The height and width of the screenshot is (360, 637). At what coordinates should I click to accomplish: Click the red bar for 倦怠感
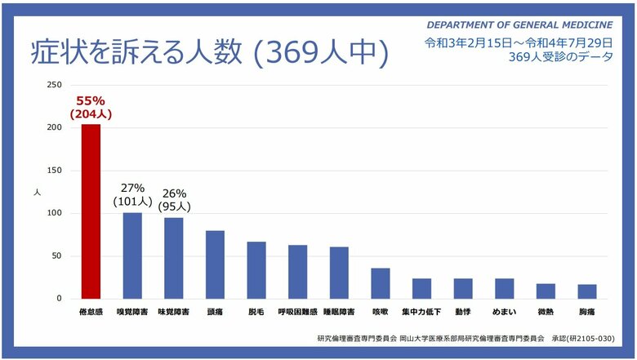[91, 211]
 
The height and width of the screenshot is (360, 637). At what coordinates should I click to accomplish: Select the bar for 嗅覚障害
[132, 256]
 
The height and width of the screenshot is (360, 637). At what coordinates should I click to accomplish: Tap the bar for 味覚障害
[174, 258]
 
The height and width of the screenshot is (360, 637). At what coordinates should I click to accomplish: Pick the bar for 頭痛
[215, 264]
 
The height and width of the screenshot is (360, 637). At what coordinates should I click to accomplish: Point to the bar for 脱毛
[256, 270]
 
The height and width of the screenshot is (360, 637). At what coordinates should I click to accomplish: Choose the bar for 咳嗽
[381, 283]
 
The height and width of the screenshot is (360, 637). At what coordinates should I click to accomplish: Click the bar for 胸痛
[587, 291]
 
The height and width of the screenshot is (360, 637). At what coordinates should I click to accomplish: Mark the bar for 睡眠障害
[339, 273]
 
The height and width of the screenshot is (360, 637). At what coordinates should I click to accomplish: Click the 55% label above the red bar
[91, 101]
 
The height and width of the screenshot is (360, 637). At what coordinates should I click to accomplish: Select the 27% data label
[132, 188]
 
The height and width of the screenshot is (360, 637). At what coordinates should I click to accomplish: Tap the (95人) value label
[175, 207]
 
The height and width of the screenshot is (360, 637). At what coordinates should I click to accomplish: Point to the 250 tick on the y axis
[54, 86]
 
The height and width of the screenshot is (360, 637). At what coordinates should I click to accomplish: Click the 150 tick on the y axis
[54, 171]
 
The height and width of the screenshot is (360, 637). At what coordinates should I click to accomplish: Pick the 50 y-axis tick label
[56, 256]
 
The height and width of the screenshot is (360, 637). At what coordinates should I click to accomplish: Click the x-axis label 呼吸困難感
[298, 312]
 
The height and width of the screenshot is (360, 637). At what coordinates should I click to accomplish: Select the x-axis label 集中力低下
[421, 312]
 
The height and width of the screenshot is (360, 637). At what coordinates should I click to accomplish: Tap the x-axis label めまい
[504, 312]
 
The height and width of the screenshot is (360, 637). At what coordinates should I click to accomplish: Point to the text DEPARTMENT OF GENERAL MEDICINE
[519, 25]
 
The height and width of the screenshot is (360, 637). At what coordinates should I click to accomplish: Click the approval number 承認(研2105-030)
[582, 338]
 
